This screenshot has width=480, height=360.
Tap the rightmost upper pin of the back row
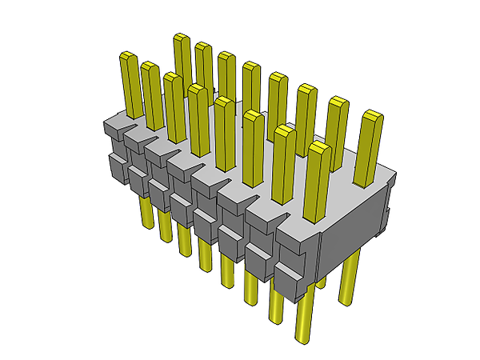[x=369, y=140]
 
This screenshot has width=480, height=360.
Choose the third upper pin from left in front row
[x=174, y=104]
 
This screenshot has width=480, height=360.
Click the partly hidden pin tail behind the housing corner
[x=321, y=280]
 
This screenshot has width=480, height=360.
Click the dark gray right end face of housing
[x=352, y=220]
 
